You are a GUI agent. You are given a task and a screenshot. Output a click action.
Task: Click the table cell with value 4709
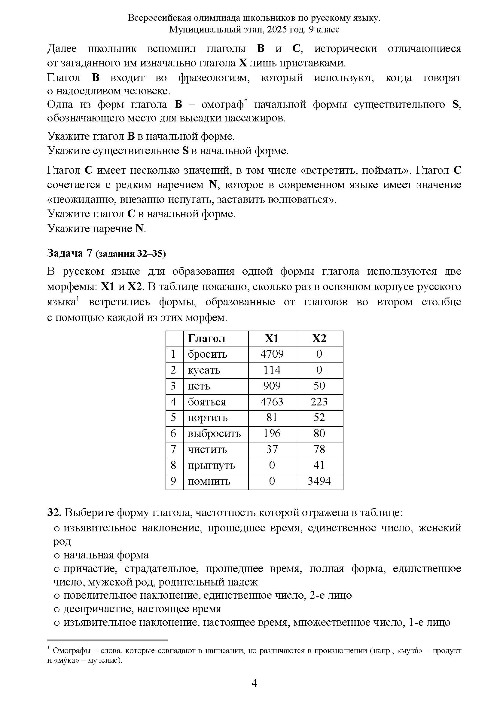(272, 354)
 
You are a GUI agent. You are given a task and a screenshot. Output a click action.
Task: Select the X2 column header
(319, 338)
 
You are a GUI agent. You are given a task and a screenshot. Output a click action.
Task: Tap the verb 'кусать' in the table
(204, 370)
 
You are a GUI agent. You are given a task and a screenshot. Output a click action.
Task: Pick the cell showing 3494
(319, 481)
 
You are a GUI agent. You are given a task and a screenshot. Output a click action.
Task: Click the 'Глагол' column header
(206, 338)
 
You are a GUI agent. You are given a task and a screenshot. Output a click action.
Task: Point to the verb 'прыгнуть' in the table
(211, 465)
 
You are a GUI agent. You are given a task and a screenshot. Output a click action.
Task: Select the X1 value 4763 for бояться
(272, 402)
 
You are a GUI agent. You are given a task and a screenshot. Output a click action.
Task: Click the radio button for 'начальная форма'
(56, 555)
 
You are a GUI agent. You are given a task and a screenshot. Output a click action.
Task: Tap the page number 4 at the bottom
(254, 683)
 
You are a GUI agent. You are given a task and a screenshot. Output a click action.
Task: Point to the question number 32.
(54, 512)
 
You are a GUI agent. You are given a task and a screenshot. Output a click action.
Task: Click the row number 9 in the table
(173, 481)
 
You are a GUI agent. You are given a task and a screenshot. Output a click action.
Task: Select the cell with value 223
(319, 402)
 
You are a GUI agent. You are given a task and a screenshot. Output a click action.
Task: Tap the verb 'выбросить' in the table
(214, 433)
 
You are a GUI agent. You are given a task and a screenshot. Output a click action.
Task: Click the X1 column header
(272, 338)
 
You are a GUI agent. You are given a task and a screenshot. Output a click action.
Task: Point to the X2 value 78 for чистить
(319, 449)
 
